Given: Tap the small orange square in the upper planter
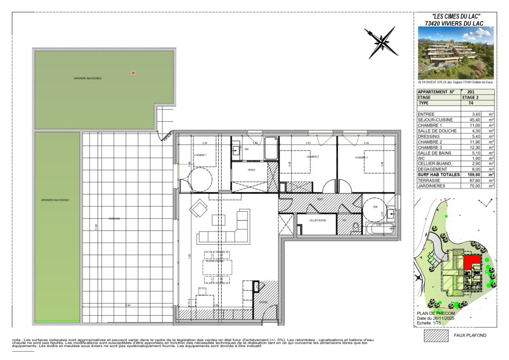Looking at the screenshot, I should (x=133, y=73).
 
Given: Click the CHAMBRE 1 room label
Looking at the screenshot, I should (x=200, y=155).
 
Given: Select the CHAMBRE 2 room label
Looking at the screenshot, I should (x=312, y=157).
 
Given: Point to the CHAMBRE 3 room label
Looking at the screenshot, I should (x=361, y=157).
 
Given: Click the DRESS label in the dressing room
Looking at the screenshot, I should (x=251, y=170).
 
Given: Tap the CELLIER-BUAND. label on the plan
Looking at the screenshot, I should (x=317, y=220).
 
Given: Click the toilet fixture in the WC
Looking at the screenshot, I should (x=354, y=228).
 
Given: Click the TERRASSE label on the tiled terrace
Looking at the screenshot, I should (x=115, y=219).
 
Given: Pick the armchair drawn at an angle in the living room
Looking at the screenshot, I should (x=199, y=208).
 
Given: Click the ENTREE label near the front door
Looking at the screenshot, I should (x=263, y=302).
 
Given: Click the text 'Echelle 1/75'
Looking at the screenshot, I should (x=430, y=323).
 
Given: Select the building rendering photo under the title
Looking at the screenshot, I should (x=456, y=53).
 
